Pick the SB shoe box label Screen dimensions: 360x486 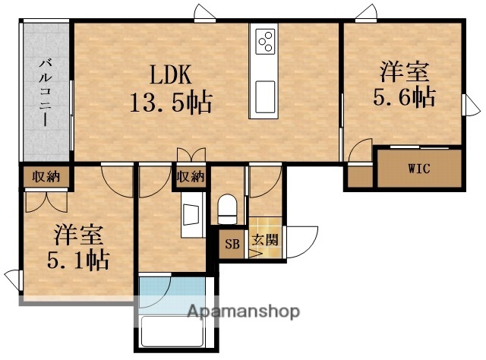[x=231, y=245]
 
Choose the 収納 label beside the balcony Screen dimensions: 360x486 [x=45, y=177]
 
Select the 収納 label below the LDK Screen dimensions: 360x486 [x=191, y=177]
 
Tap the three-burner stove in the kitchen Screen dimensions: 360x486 [x=266, y=41]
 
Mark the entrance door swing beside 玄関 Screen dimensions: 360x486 [x=302, y=242]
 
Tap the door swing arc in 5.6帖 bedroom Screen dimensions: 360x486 [x=361, y=148]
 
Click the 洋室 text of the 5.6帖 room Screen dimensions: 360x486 [x=405, y=74]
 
